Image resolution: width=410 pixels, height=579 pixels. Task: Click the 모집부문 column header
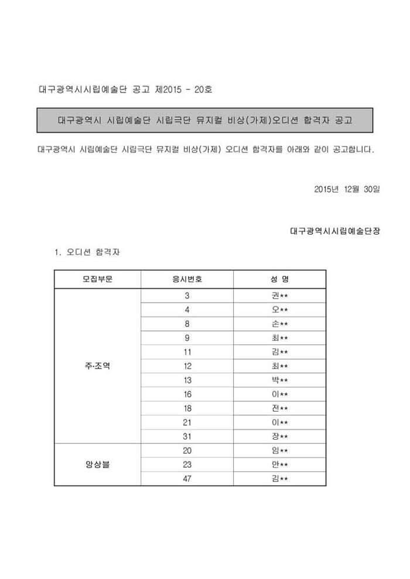coord(98,279)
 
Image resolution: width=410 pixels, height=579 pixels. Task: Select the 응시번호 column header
coord(187,279)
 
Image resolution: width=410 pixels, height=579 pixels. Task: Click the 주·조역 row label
coord(98,366)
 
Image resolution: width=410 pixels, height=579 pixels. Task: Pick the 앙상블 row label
coord(98,465)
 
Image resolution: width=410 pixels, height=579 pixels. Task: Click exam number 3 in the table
coord(187,295)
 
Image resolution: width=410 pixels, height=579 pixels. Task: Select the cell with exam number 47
coord(187,479)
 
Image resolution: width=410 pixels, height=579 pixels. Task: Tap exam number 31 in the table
coord(187,436)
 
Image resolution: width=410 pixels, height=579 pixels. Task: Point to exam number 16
coord(187,394)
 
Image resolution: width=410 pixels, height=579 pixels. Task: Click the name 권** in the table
coord(275,295)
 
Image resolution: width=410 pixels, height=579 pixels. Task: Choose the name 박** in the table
coord(275,380)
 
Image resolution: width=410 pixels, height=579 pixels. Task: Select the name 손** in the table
coord(275,323)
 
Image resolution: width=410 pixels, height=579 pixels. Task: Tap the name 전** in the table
coord(275,408)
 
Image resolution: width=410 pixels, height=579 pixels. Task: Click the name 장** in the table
coord(275,436)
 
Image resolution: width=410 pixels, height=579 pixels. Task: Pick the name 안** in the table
coord(275,465)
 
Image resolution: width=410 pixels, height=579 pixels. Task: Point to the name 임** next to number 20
coord(275,451)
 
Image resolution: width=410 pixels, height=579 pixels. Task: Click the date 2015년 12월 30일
coord(347,189)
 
